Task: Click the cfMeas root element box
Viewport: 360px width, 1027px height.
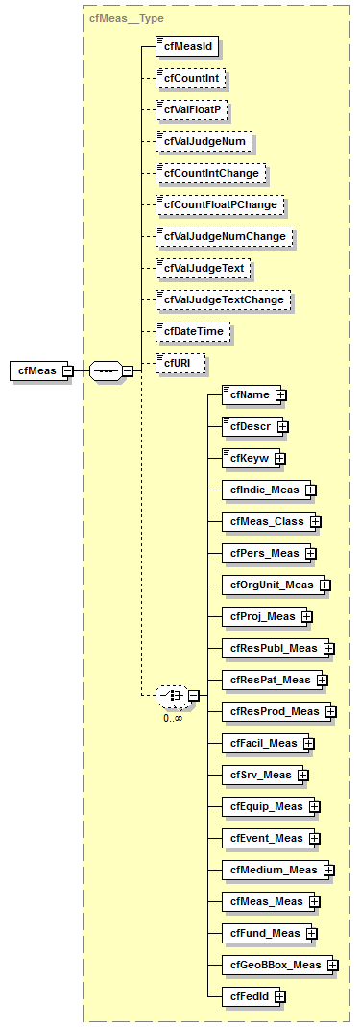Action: point(36,370)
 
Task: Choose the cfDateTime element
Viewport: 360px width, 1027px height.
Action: point(186,331)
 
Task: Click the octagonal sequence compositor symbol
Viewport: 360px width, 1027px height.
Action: point(105,370)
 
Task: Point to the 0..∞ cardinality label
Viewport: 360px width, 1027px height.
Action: point(173,717)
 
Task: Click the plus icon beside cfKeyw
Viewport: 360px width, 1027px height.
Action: point(279,458)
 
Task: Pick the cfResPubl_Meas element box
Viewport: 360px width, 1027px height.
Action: point(272,648)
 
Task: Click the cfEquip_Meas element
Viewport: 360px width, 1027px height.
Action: point(265,806)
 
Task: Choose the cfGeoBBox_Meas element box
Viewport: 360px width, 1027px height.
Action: point(274,965)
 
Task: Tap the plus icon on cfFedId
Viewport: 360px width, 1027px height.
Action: point(279,996)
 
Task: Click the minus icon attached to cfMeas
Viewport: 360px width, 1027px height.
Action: point(67,370)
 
